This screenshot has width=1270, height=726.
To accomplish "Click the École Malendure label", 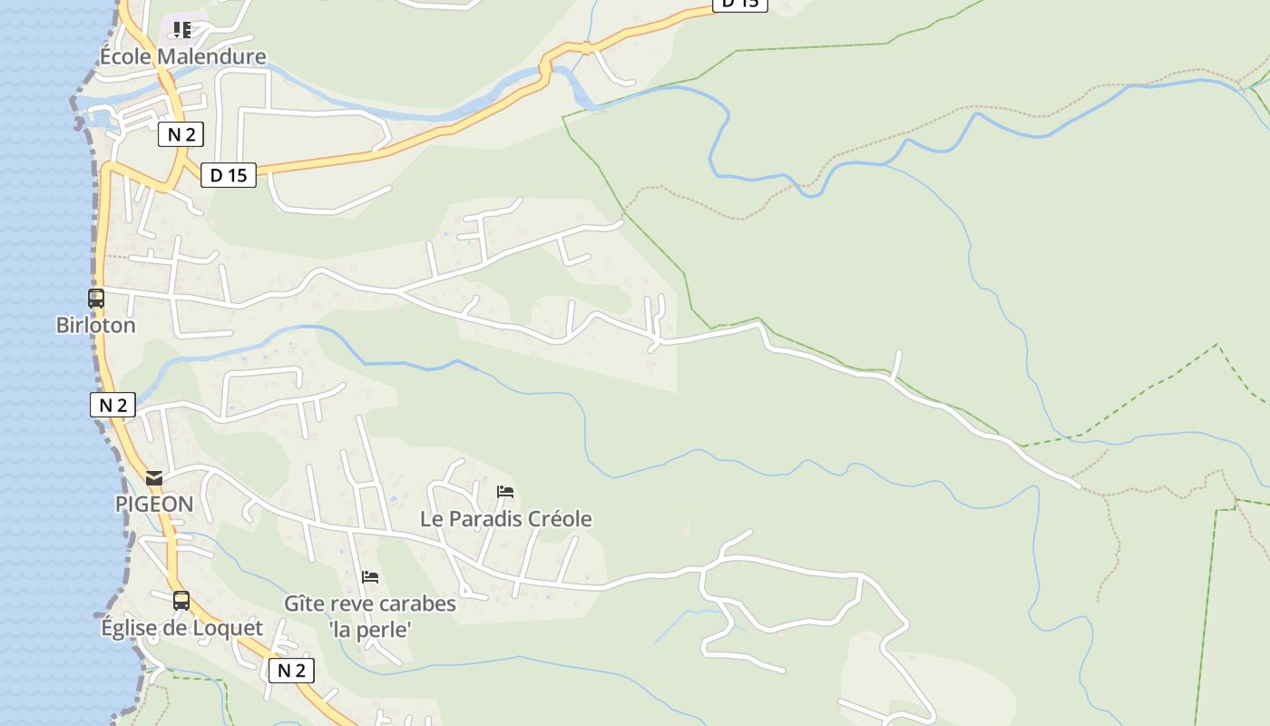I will (182, 56).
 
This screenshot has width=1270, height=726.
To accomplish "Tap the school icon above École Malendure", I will (182, 30).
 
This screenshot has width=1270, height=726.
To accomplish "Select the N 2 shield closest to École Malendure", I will (181, 135).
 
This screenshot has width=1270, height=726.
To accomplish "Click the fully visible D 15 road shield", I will (228, 175).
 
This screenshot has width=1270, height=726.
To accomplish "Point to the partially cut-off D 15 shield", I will (740, 4).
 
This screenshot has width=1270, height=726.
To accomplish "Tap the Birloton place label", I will (95, 325).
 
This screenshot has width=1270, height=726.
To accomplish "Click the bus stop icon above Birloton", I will (95, 298).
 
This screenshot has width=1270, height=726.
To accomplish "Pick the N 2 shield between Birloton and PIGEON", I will (112, 405).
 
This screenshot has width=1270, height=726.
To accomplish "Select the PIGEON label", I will (154, 505).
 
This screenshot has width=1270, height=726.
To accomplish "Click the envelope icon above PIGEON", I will (154, 477).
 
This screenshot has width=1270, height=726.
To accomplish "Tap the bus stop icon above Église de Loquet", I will (181, 600).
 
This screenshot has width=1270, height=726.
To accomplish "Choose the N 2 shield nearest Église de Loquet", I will (291, 671).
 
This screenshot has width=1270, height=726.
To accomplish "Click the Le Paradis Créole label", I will (505, 519).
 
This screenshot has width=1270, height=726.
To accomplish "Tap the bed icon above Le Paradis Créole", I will (505, 492).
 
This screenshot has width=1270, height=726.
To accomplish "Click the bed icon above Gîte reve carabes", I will (369, 576).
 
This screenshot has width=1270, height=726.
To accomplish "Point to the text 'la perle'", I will (370, 629).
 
